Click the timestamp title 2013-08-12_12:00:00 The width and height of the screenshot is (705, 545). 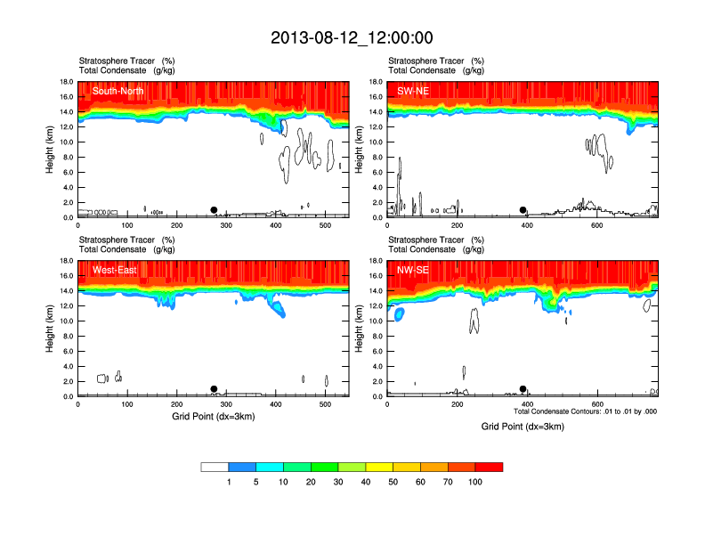(352, 37)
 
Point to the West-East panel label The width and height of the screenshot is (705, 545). (114, 270)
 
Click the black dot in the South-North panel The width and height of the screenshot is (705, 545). (214, 210)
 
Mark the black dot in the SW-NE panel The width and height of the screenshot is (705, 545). (523, 210)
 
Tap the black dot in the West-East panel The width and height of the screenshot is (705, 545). (214, 389)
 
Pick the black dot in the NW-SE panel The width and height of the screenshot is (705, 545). (523, 389)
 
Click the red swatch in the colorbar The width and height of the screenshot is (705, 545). (489, 467)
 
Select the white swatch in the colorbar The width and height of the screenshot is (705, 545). (215, 467)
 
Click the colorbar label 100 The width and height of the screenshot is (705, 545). (475, 482)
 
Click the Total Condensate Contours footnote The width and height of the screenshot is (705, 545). (585, 411)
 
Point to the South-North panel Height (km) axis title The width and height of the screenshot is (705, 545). (52, 150)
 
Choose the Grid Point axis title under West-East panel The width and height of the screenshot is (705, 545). (213, 416)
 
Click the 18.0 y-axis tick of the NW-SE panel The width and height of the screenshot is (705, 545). (376, 261)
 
